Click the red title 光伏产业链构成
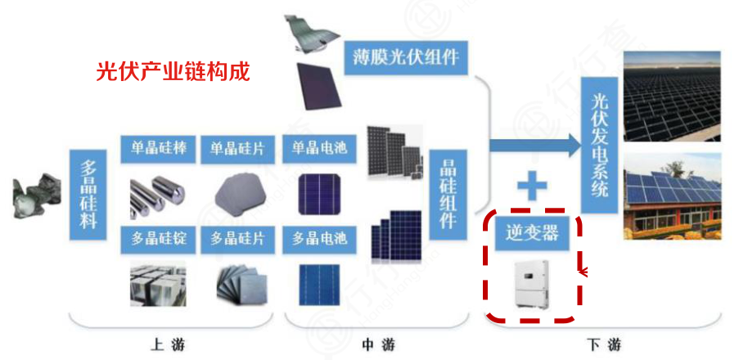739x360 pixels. pos(173,71)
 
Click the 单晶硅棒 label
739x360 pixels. pos(159,150)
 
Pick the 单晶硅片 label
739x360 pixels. pos(238,150)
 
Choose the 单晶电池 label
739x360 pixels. pos(319,150)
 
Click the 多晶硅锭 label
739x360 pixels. pos(159,238)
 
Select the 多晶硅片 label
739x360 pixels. pos(238,238)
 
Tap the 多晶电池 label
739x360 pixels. pos(319,238)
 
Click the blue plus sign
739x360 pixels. pos(531,187)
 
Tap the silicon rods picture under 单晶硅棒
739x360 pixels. pos(159,192)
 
